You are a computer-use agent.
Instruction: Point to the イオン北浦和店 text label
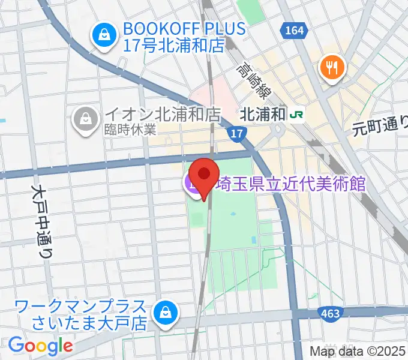click(163, 113)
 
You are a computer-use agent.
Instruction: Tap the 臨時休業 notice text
click(130, 129)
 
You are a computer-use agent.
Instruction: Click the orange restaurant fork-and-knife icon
click(331, 65)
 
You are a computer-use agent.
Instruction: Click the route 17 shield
click(238, 134)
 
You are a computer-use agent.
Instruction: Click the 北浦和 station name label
click(261, 114)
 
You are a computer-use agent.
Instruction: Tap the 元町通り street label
click(379, 127)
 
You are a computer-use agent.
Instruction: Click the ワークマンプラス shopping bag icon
click(163, 313)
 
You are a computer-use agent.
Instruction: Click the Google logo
click(41, 346)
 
